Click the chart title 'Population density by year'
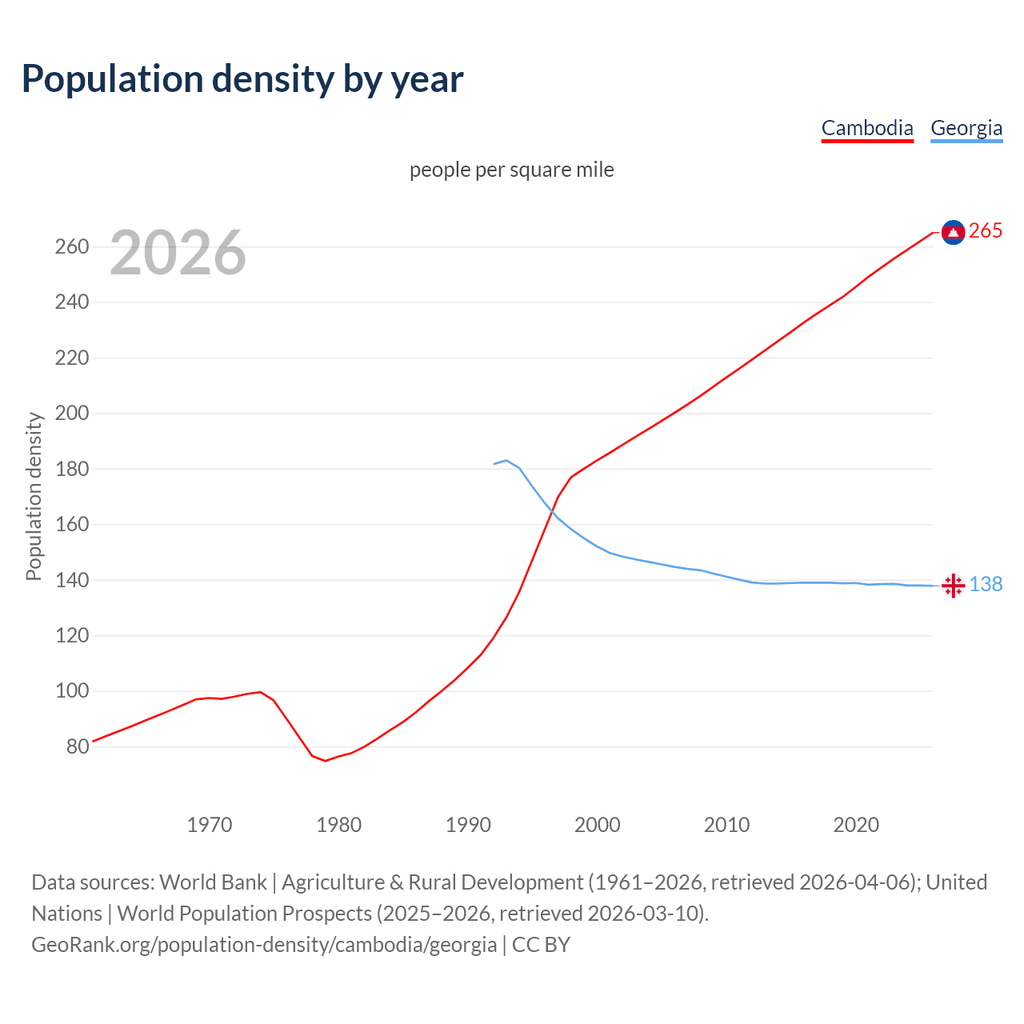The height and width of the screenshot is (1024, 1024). (242, 78)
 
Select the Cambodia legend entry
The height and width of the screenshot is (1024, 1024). (867, 128)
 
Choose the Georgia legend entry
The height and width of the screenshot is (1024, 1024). (966, 128)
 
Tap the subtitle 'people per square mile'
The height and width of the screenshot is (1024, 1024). (512, 170)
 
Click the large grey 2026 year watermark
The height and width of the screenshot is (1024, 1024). (178, 253)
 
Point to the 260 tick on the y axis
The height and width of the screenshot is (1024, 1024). (71, 246)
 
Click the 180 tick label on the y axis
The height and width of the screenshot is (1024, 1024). (71, 469)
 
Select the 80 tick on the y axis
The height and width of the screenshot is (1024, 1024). (77, 746)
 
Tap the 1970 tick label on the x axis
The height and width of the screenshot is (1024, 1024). (210, 824)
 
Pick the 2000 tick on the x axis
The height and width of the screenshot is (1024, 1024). (598, 824)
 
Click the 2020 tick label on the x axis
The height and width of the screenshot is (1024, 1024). (856, 824)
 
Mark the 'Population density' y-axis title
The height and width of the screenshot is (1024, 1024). (34, 496)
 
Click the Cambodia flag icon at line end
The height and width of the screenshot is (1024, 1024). (953, 232)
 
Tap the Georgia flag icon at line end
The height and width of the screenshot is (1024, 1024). (953, 586)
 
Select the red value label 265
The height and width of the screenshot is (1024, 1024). (986, 231)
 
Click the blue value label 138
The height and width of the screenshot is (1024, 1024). (986, 585)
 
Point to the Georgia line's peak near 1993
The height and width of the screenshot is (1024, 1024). (506, 460)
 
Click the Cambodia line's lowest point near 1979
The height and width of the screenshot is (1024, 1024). (325, 761)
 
